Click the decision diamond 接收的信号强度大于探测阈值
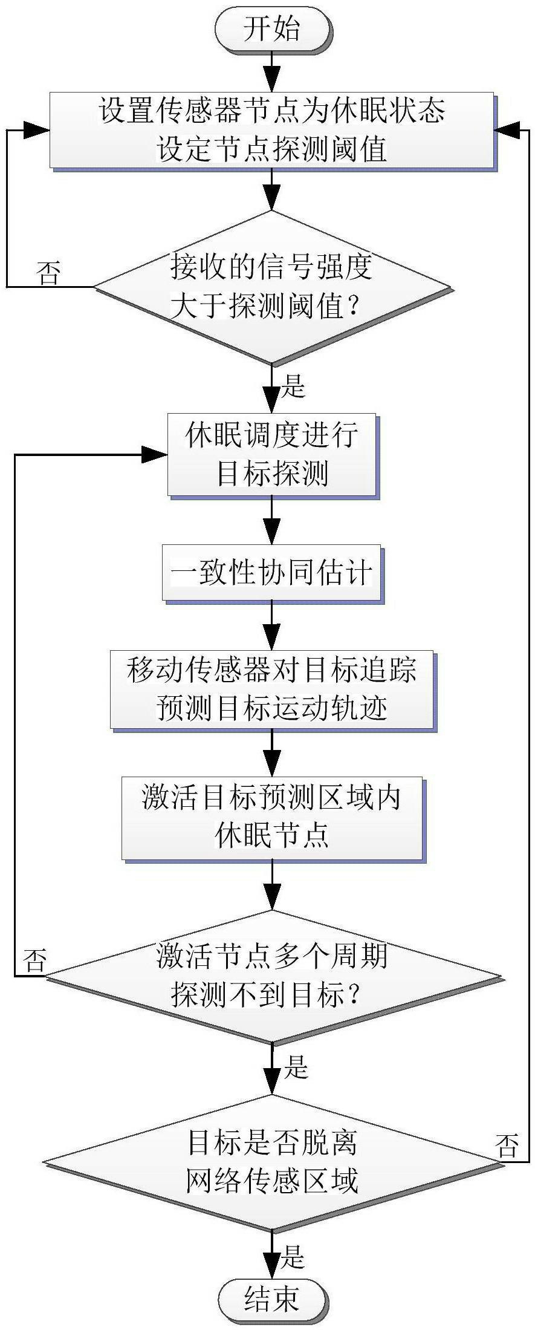pyautogui.click(x=271, y=287)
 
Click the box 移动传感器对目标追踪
pyautogui.click(x=271, y=689)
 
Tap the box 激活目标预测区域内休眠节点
pyautogui.click(x=271, y=818)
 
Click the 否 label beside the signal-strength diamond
pyautogui.click(x=48, y=273)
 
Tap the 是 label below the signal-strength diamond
pyautogui.click(x=294, y=385)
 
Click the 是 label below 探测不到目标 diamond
pyautogui.click(x=296, y=1068)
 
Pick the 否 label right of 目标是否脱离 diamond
pyautogui.click(x=507, y=1145)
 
